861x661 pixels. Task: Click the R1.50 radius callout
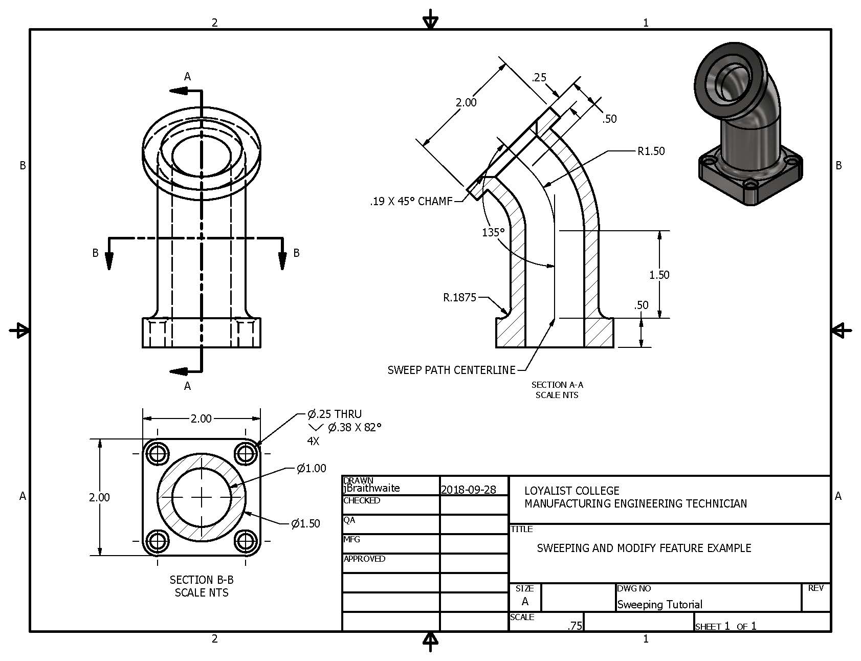coord(651,151)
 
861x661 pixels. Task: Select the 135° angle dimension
coord(493,232)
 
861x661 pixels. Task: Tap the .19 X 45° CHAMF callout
coord(411,202)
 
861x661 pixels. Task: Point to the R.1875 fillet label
coord(459,297)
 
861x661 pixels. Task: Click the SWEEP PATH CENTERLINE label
coord(451,370)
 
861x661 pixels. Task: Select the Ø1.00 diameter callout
coord(311,468)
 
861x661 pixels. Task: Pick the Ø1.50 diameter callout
coord(305,523)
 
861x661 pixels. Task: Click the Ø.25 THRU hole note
coord(334,414)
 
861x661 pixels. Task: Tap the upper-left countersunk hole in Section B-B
coord(157,453)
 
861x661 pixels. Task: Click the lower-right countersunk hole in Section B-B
coord(246,541)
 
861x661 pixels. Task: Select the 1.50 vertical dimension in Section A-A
coord(659,275)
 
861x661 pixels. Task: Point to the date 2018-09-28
coord(468,490)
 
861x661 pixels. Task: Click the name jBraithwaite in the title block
coord(371,488)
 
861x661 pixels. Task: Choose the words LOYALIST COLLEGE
coord(571,491)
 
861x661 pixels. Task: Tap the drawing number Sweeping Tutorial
coord(659,604)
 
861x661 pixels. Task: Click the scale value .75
coord(575,626)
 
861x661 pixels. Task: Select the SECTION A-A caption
coord(557,385)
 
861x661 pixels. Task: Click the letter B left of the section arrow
coord(95,253)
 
